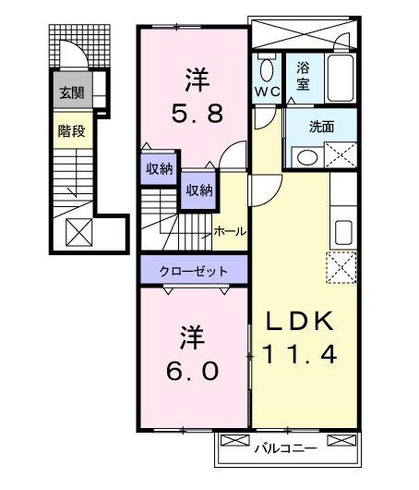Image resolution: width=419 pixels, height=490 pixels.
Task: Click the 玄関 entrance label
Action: (x=71, y=92)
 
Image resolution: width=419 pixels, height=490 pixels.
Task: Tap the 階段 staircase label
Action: (x=71, y=131)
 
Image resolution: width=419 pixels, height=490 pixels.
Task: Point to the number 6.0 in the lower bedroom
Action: (x=193, y=370)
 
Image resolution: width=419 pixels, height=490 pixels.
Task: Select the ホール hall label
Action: (x=230, y=231)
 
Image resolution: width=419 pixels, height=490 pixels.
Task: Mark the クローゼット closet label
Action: (x=194, y=271)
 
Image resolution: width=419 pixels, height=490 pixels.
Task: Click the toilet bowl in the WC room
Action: (x=269, y=68)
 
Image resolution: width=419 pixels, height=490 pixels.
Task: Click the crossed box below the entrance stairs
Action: (x=78, y=230)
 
